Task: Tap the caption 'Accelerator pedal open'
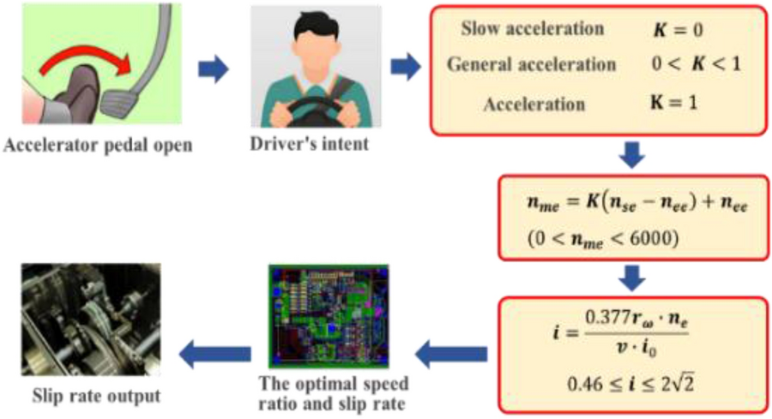coord(98,145)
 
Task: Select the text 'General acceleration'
coord(532,65)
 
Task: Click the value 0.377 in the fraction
coord(608,314)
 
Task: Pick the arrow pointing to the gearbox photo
coord(214,352)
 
